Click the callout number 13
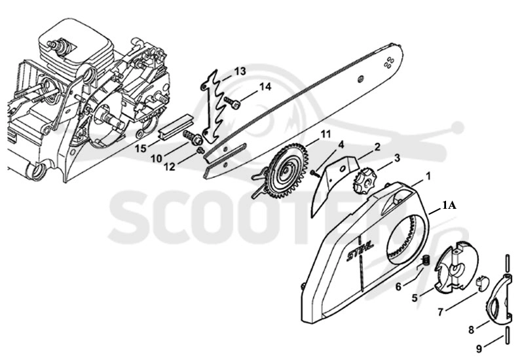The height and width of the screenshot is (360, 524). click(240, 71)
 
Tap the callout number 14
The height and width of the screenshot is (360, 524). click(265, 87)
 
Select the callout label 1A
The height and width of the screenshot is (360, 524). click(449, 206)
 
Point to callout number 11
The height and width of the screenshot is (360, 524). click(325, 134)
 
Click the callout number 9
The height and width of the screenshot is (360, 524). click(479, 349)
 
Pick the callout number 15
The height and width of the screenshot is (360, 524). click(141, 149)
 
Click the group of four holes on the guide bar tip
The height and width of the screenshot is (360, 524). click(388, 63)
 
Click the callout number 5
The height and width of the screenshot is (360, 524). click(415, 297)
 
